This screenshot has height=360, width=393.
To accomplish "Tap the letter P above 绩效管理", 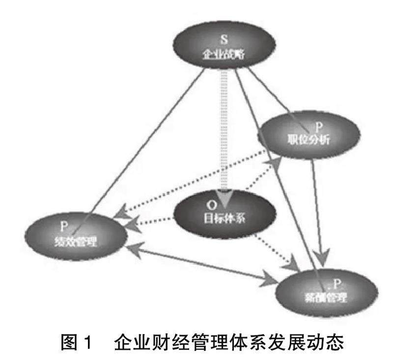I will point(63,227).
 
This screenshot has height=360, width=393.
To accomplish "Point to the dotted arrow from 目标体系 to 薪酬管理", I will point(275,250).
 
